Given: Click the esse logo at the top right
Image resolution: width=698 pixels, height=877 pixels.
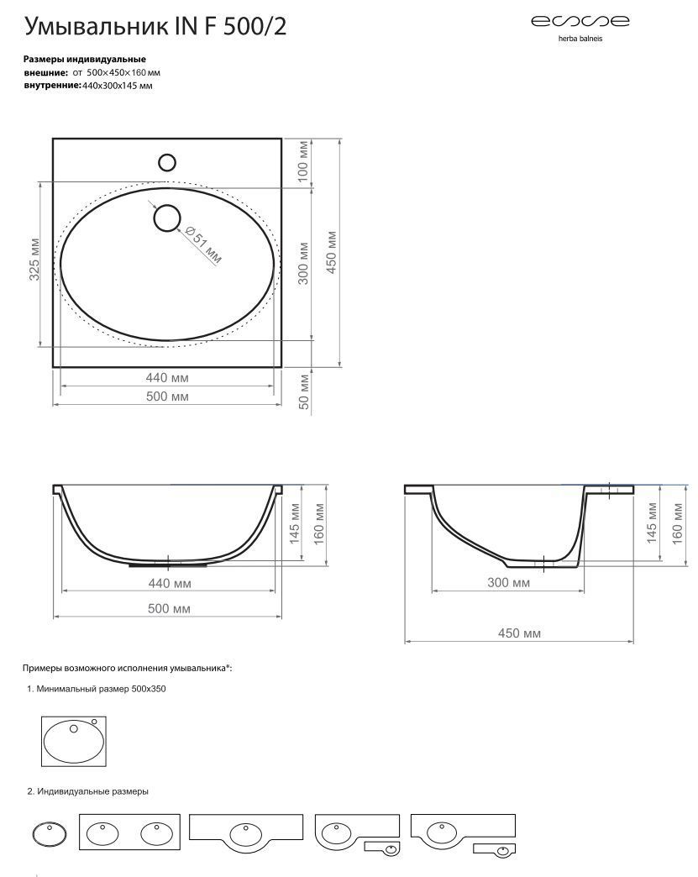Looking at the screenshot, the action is [x=580, y=21].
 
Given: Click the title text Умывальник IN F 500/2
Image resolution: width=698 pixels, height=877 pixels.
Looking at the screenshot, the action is [x=155, y=26].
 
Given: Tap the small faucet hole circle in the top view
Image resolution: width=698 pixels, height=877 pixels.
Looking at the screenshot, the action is [x=167, y=163].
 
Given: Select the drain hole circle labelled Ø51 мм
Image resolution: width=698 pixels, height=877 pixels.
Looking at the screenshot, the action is [x=166, y=218].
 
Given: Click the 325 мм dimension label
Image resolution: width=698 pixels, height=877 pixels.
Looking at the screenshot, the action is [x=34, y=260].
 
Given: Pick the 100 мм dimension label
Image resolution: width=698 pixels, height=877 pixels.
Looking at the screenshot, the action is [x=302, y=161].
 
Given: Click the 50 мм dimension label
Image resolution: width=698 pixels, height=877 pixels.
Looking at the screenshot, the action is [x=303, y=391].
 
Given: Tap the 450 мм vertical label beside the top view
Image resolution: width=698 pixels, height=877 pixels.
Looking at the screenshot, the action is [x=331, y=252].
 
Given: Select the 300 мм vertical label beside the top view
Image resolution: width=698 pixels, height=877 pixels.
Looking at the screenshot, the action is [x=303, y=263].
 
